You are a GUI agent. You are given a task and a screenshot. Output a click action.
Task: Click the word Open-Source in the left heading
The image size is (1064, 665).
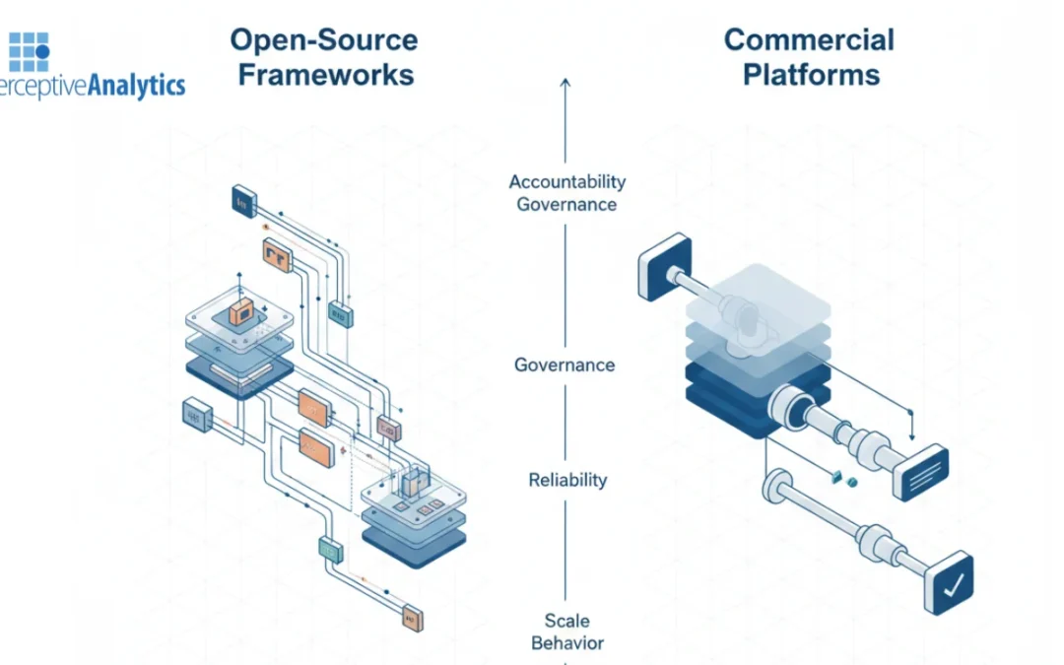(323, 40)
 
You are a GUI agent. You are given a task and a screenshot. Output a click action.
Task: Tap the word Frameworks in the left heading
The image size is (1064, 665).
(326, 76)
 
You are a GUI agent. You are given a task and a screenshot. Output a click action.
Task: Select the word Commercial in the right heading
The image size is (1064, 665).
(809, 39)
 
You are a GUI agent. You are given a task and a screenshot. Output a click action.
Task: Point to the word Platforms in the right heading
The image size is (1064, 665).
(811, 75)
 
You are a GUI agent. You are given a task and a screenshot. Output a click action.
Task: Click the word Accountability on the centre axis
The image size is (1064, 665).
(566, 181)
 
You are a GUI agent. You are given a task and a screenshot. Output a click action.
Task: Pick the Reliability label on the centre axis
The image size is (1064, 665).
(567, 480)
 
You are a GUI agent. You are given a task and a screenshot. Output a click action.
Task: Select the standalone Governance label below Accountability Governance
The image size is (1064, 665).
(565, 365)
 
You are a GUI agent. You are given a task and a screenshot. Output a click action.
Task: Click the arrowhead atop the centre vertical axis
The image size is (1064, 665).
(565, 84)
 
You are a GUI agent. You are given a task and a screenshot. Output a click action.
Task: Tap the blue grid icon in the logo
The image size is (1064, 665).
(29, 51)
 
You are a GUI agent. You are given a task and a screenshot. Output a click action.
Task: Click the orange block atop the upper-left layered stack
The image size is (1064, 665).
(241, 313)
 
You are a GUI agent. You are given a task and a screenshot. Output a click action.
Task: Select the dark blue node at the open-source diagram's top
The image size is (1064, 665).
(240, 200)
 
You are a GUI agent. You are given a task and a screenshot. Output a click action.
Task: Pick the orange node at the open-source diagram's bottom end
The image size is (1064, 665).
(413, 618)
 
